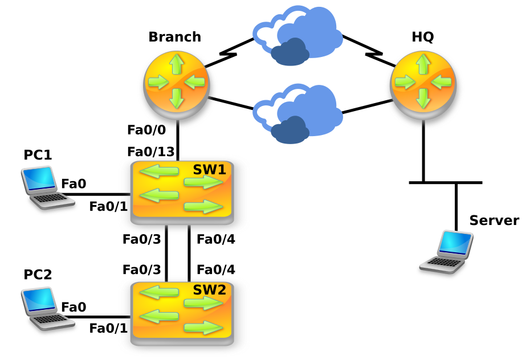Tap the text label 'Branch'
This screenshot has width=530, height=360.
(174, 37)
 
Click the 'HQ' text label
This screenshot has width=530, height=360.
(423, 37)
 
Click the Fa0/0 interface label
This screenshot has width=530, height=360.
(146, 130)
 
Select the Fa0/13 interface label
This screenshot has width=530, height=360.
(150, 152)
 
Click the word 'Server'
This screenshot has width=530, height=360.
(494, 221)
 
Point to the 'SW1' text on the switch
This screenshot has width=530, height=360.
(209, 169)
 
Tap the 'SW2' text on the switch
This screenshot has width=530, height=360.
(209, 290)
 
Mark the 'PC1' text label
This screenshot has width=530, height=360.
(38, 155)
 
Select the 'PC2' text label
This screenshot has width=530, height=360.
(38, 275)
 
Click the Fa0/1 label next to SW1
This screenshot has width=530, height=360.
(108, 206)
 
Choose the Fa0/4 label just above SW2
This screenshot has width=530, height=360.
(215, 269)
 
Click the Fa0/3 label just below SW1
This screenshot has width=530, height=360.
(141, 239)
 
